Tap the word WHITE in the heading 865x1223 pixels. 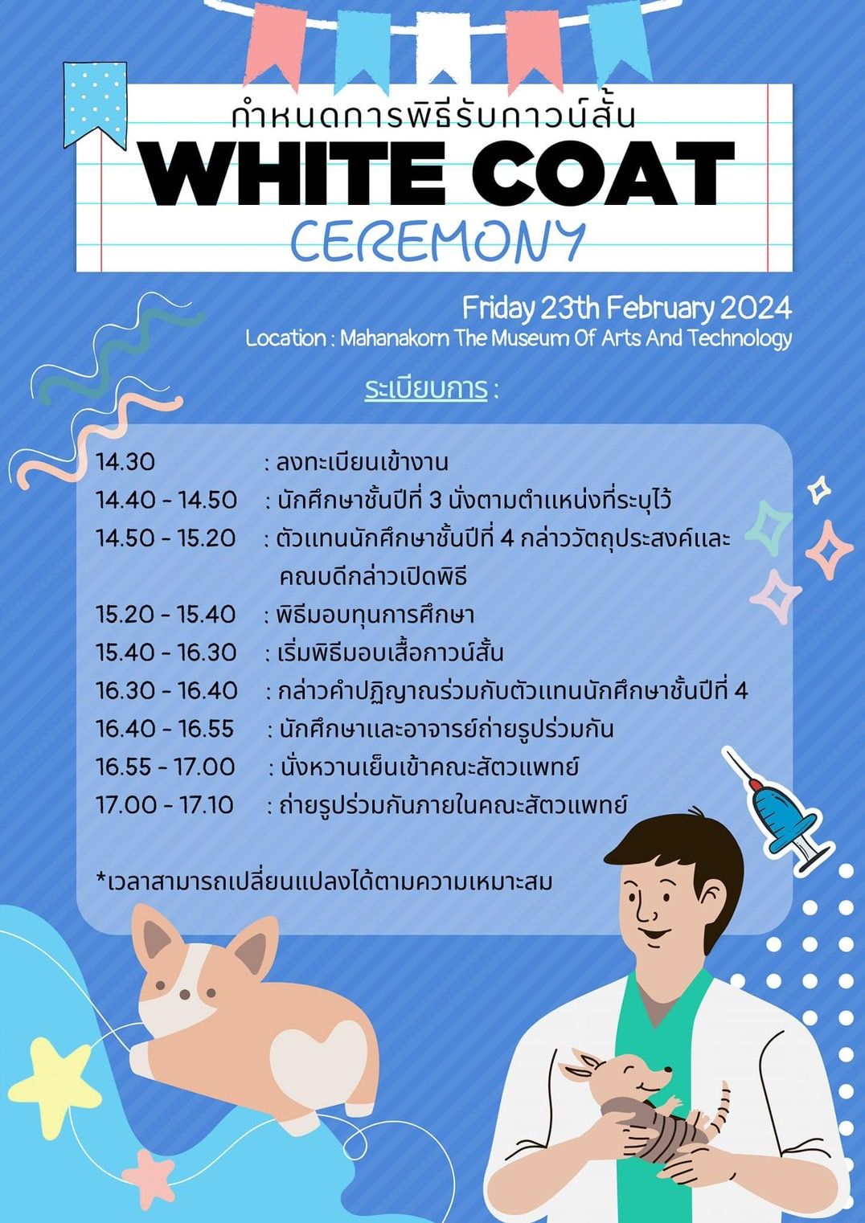pyautogui.click(x=293, y=173)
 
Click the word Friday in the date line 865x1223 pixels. pyautogui.click(x=498, y=309)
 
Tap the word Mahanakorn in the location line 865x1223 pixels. pyautogui.click(x=395, y=338)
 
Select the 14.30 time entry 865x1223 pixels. pyautogui.click(x=125, y=463)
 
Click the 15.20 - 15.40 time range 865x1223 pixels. pyautogui.click(x=166, y=615)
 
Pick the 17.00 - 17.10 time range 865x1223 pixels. pyautogui.click(x=165, y=805)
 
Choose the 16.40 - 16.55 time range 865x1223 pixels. pyautogui.click(x=165, y=729)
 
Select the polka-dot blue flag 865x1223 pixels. pyautogui.click(x=95, y=104)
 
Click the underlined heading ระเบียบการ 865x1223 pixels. pyautogui.click(x=426, y=390)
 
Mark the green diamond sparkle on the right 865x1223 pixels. pyautogui.click(x=769, y=527)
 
